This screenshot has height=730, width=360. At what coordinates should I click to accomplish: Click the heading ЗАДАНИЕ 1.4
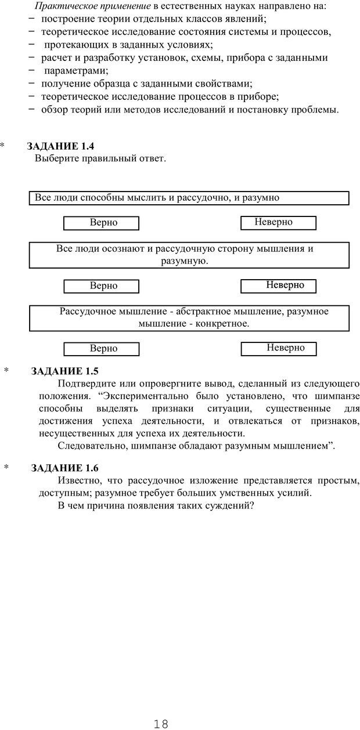pos(60,147)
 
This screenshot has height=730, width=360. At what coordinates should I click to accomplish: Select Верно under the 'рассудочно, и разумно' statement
pos(101,223)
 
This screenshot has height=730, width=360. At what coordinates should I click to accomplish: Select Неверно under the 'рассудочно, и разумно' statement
pos(278,222)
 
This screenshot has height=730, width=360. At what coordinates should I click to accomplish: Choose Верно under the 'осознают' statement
pos(101,286)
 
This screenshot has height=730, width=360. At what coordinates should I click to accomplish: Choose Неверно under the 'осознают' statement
pos(278,285)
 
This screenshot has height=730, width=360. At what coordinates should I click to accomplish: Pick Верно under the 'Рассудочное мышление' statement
pos(101,349)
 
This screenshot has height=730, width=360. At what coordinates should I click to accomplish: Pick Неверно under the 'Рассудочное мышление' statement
pos(278,348)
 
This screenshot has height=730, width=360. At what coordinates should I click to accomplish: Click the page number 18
pos(161,707)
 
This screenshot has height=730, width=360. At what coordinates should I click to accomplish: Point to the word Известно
pos(78,480)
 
